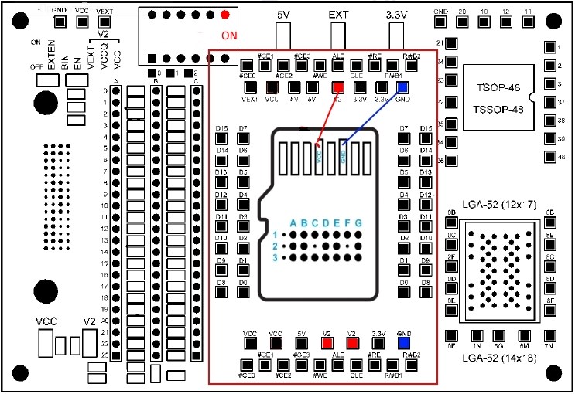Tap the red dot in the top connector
pyautogui.click(x=224, y=15)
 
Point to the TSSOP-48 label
pyautogui.click(x=495, y=110)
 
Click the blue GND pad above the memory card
pyautogui.click(x=402, y=87)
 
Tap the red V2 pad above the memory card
pyautogui.click(x=337, y=87)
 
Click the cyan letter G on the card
pyautogui.click(x=358, y=223)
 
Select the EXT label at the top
pyautogui.click(x=338, y=15)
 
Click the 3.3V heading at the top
pyautogui.click(x=395, y=15)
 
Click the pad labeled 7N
pyautogui.click(x=549, y=336)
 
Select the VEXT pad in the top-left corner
pyautogui.click(x=104, y=23)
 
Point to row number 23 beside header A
pyautogui.click(x=105, y=355)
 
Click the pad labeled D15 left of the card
pyautogui.click(x=221, y=140)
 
